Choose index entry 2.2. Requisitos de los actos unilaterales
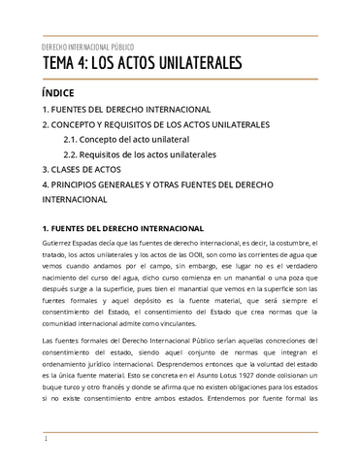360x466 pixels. pyautogui.click(x=140, y=154)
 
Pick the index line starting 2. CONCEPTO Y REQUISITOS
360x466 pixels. pyautogui.click(x=156, y=125)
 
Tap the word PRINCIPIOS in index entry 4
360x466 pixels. pyautogui.click(x=86, y=183)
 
